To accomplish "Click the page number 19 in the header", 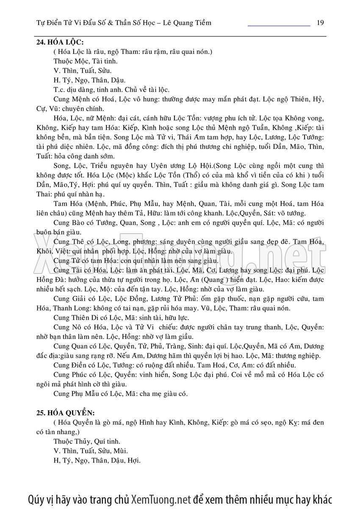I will (320, 22).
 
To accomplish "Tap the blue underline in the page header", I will (279, 26).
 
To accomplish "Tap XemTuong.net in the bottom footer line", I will (161, 499).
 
